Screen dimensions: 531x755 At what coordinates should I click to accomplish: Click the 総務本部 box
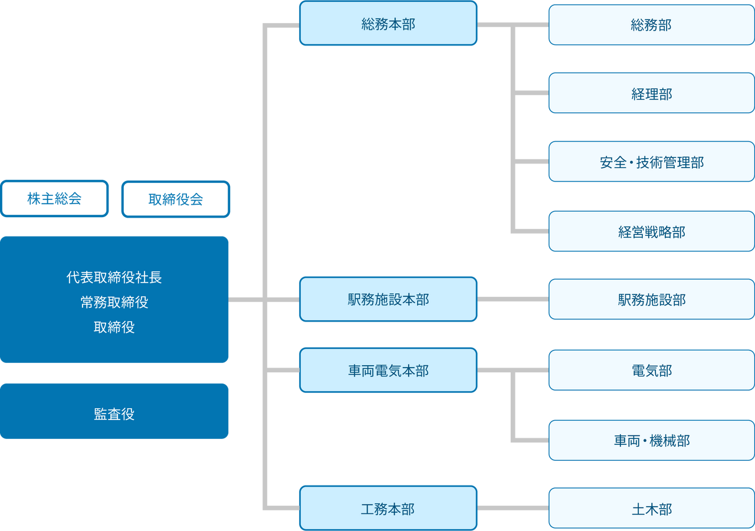tap(388, 24)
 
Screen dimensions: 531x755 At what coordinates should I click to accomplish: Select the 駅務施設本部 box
tap(388, 299)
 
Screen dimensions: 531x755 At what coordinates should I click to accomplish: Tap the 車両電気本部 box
tap(388, 370)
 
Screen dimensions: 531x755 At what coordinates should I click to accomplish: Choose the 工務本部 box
tap(388, 508)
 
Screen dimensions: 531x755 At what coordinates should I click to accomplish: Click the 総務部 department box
tap(651, 25)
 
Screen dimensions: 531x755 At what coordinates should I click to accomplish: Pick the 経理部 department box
tap(651, 93)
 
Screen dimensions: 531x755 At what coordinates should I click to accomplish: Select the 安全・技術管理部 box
tap(651, 162)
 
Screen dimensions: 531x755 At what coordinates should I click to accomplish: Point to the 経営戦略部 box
tap(651, 231)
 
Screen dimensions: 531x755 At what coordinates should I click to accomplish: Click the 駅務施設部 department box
tap(651, 299)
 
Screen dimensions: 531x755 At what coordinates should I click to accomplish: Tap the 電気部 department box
tap(651, 370)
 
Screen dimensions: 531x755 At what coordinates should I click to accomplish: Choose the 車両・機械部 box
tap(651, 440)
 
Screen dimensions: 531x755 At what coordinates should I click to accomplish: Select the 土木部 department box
tap(651, 509)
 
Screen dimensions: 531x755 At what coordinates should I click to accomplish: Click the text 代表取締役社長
tap(114, 277)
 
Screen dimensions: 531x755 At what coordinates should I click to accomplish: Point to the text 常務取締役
tap(114, 302)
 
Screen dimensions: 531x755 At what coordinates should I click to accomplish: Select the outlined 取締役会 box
tap(176, 199)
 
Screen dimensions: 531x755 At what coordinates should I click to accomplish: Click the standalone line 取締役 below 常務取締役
tap(114, 327)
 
